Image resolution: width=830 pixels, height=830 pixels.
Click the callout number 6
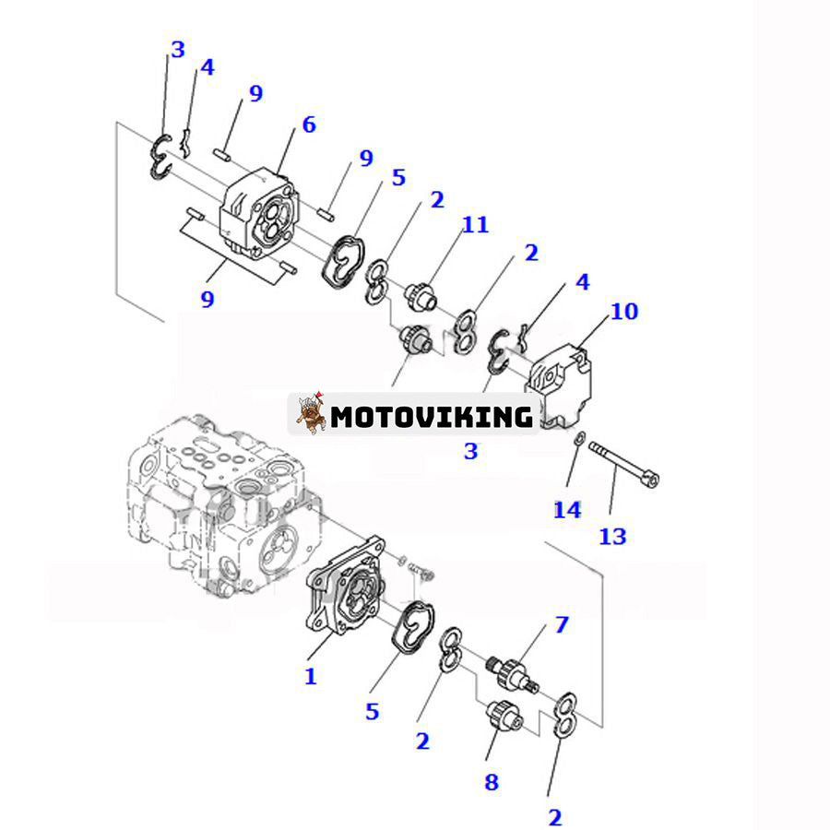(x=308, y=125)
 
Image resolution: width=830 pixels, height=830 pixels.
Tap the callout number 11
(x=476, y=224)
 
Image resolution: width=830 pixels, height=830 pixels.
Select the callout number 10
(x=623, y=311)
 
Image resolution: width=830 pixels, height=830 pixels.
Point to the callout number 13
(x=612, y=535)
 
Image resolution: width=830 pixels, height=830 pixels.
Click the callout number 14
(x=566, y=508)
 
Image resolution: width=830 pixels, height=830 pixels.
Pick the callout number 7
(x=561, y=625)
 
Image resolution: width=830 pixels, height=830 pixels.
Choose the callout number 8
(x=492, y=782)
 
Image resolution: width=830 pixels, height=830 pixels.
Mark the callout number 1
(x=311, y=676)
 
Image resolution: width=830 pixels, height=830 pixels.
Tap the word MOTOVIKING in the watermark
(x=432, y=417)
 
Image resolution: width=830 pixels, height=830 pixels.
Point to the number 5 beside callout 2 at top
(x=398, y=177)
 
